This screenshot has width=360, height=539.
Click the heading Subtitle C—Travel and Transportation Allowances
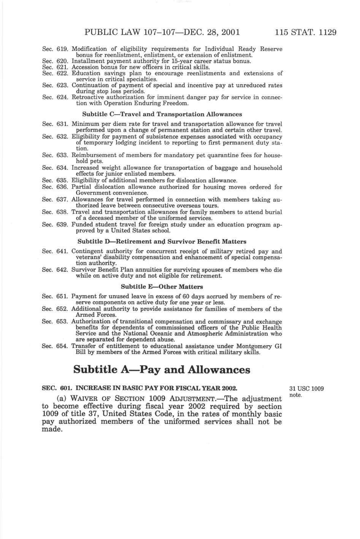(162, 114)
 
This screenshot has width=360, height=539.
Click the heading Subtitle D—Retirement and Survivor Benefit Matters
(162, 241)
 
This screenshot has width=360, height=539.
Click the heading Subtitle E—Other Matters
(162, 286)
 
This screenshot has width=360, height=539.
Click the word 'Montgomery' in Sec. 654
(254, 346)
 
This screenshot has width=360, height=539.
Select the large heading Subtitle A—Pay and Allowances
(162, 369)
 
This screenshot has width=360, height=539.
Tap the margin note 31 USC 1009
(306, 389)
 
